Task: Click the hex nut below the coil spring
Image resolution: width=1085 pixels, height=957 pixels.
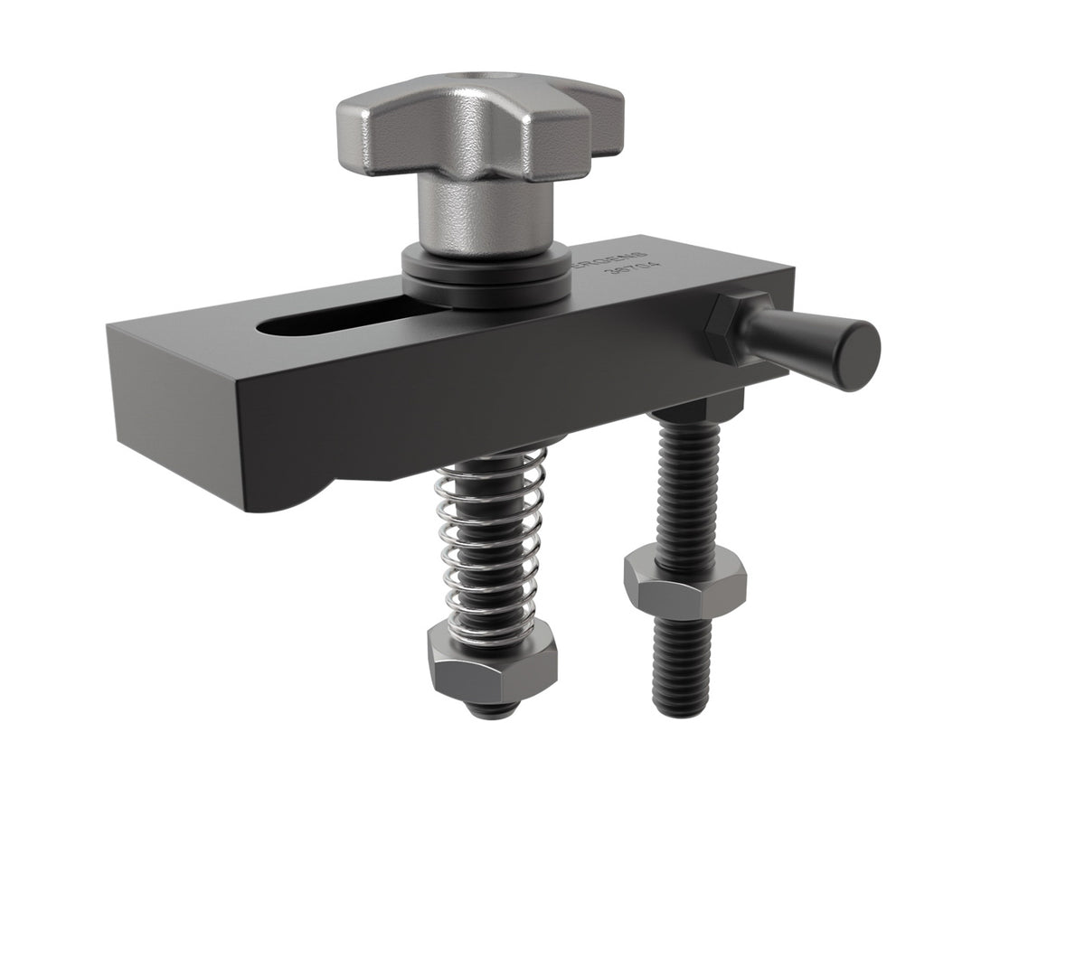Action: (x=492, y=664)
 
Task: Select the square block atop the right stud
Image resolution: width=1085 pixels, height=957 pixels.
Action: (x=693, y=411)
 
